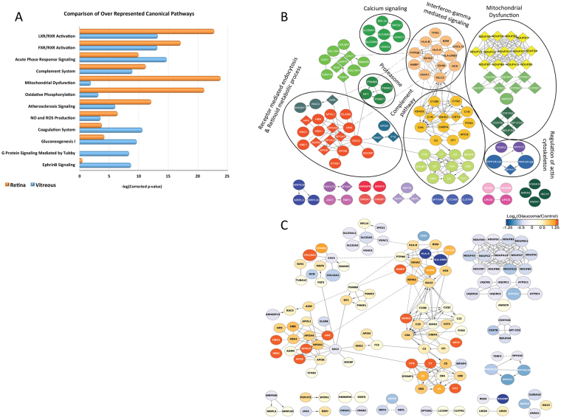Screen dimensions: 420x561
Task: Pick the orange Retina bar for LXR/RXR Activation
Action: (147, 31)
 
